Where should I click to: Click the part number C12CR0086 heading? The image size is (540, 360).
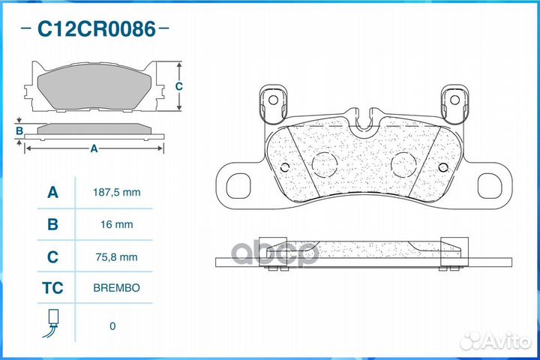[97, 29]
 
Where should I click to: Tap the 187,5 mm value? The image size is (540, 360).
[117, 192]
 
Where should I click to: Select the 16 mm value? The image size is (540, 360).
[117, 224]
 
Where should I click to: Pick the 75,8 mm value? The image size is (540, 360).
[117, 257]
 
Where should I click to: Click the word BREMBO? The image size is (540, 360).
[117, 288]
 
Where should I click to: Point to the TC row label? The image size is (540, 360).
[52, 288]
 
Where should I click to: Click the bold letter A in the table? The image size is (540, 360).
[52, 192]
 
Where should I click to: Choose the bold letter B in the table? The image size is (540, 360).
[52, 224]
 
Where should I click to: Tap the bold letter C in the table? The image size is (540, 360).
[52, 257]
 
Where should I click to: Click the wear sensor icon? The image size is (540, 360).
[51, 323]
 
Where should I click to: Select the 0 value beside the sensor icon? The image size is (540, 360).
[112, 326]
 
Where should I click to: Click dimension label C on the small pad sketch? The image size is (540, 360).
[178, 86]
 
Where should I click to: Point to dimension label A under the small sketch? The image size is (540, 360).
[94, 148]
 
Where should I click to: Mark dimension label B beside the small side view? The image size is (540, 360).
[19, 131]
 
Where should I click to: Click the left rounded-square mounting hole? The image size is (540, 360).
[238, 186]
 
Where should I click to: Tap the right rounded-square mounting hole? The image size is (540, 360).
[490, 186]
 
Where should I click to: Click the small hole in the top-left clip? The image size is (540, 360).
[273, 100]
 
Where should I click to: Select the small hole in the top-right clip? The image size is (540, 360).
[455, 100]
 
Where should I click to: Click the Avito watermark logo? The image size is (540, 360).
[496, 341]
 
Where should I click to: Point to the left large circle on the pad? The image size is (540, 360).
[325, 165]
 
